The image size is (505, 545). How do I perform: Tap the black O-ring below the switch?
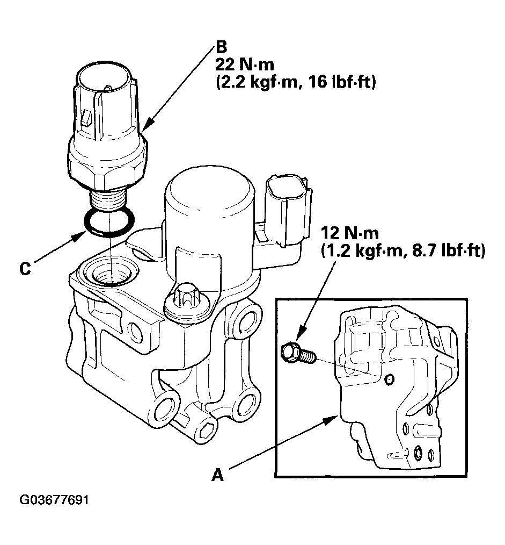click(110, 223)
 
